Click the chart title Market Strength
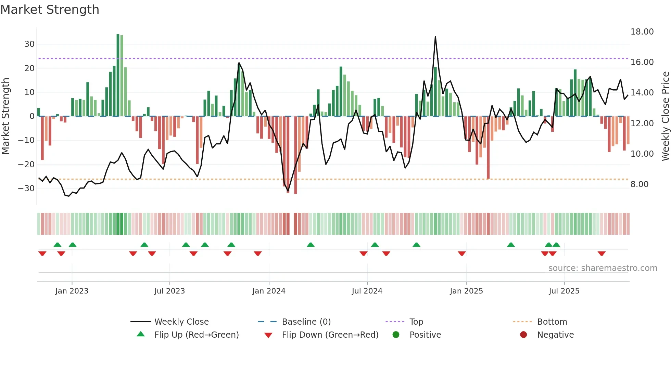50,10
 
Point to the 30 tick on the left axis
29,44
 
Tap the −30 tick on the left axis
27,188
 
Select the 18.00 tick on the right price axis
642,32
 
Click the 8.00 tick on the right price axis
640,184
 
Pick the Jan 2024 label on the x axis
269,291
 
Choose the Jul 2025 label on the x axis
564,291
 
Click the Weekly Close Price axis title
665,116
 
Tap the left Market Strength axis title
5,116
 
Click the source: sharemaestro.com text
603,268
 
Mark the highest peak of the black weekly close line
435,37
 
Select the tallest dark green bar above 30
118,75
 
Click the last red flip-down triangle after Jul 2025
602,253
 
